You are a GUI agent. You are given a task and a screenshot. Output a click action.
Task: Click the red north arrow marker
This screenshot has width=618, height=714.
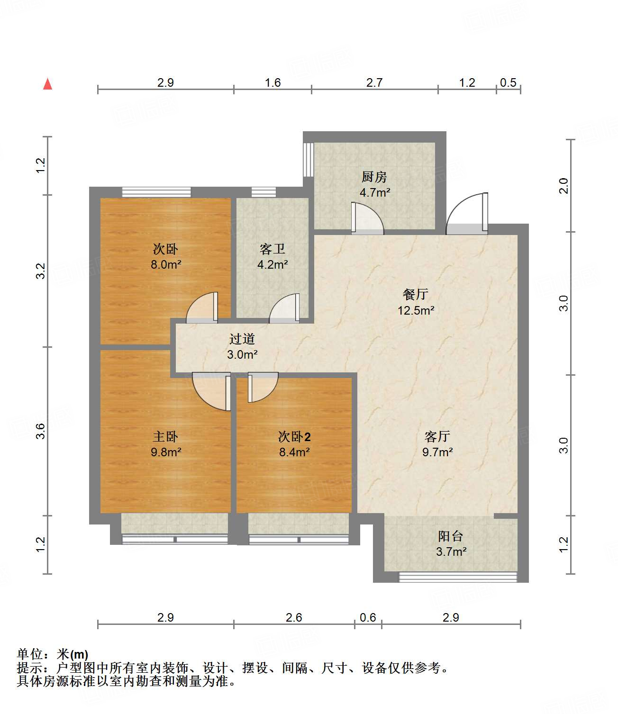click(47, 84)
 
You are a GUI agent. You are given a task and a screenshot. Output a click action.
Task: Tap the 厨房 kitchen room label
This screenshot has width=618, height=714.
click(374, 177)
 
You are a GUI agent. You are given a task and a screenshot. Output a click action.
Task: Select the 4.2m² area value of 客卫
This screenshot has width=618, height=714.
click(273, 264)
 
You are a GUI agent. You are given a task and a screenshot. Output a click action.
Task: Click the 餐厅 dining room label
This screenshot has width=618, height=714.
click(416, 295)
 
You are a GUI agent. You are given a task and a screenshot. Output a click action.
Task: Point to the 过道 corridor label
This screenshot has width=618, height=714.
click(242, 339)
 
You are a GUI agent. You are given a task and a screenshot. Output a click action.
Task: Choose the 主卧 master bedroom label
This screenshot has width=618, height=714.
click(165, 436)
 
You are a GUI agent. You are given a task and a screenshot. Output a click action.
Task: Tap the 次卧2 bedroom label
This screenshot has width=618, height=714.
click(294, 436)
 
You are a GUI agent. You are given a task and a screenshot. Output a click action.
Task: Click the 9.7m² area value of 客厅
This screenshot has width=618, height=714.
click(437, 452)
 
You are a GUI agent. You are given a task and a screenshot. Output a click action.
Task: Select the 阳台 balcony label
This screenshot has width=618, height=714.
click(450, 536)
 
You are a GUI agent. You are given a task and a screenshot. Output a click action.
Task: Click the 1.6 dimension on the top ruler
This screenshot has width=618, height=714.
click(273, 83)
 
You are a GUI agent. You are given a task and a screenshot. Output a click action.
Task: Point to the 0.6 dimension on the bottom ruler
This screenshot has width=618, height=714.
click(368, 617)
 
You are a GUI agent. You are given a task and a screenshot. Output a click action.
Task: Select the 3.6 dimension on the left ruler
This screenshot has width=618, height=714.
click(41, 431)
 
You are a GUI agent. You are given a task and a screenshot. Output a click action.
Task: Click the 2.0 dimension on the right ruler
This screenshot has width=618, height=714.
click(563, 186)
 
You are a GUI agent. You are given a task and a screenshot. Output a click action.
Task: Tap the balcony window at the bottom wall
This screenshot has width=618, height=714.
click(457, 577)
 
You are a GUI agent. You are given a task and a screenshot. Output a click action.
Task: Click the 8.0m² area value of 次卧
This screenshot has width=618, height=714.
click(166, 264)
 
